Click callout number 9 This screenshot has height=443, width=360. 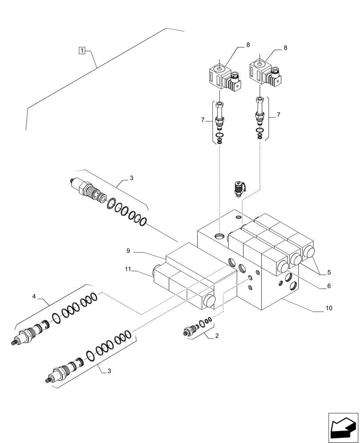coord(128,251)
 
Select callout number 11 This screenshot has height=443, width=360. coord(128,268)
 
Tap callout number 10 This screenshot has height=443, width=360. coord(329,308)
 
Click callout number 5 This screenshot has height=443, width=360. coord(329,272)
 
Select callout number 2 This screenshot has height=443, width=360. coord(216,336)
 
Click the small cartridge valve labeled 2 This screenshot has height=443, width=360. coord(191,331)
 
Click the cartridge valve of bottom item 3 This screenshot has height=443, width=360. coord(63,371)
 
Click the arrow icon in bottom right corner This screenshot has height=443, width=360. coord(342,427)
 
